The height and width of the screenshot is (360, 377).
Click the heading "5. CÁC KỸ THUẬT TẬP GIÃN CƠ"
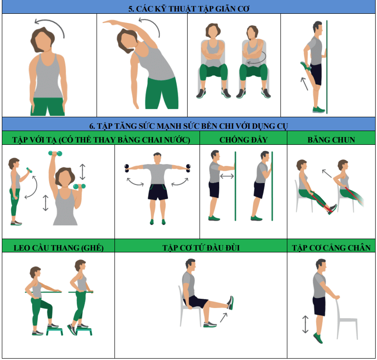click(189, 9)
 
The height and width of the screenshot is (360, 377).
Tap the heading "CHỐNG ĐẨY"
click(243, 140)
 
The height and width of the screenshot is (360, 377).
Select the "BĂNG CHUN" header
click(331, 140)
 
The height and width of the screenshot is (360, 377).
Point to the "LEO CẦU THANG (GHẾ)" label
click(58, 248)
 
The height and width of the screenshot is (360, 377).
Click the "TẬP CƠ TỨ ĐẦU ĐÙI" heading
click(201, 248)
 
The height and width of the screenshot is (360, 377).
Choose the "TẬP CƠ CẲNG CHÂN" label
click(331, 248)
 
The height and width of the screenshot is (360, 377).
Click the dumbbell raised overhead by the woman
click(55, 154)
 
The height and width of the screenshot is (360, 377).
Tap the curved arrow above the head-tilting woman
click(50, 24)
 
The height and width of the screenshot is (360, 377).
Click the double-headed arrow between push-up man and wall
click(227, 176)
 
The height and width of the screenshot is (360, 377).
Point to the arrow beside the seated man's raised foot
click(223, 317)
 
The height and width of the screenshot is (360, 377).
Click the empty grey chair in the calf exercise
click(346, 317)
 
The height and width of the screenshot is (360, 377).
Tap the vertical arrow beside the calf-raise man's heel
click(305, 325)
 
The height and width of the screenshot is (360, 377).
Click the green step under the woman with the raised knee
click(55, 331)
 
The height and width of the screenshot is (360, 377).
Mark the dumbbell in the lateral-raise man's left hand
click(188, 168)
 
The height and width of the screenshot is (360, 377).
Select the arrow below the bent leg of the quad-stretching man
click(304, 84)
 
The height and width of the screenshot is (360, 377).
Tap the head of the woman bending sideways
click(127, 40)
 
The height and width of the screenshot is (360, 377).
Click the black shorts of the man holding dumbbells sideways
click(158, 192)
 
